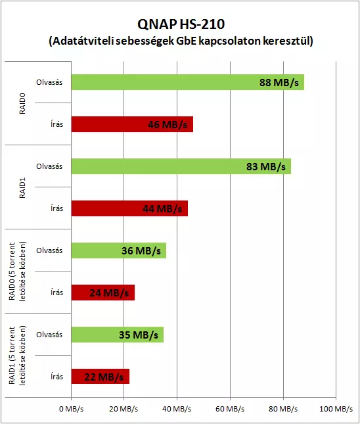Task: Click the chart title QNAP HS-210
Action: click(181, 24)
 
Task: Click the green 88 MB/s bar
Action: click(188, 82)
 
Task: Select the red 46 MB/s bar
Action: click(132, 124)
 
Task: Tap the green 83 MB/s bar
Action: click(181, 166)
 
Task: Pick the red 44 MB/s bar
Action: click(129, 208)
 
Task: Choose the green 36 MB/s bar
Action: click(119, 250)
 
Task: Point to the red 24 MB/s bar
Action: click(103, 293)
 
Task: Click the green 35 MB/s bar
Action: click(118, 335)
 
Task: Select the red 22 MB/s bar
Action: click(101, 377)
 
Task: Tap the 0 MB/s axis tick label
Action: click(72, 409)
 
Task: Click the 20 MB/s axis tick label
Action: click(124, 409)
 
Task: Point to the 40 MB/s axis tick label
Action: click(177, 409)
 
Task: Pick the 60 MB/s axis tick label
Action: click(230, 409)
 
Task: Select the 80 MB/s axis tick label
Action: click(283, 409)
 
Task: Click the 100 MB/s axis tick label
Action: click(336, 409)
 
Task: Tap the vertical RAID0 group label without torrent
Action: click(22, 103)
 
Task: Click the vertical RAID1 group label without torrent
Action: click(22, 187)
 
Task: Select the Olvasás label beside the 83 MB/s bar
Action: click(49, 166)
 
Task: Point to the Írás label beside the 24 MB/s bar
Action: click(56, 293)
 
